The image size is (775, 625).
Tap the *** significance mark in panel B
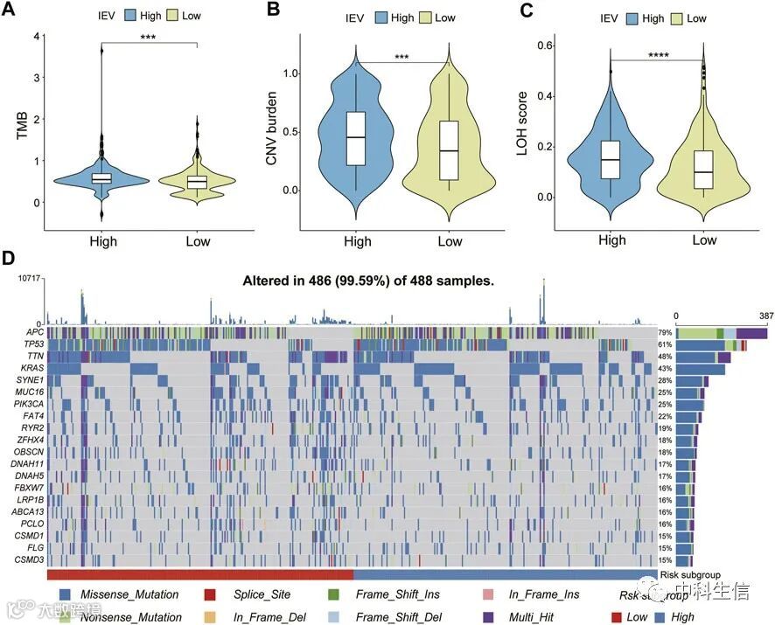click(401, 57)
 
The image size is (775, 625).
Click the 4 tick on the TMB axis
click(36, 36)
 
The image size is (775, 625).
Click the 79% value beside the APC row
click(665, 333)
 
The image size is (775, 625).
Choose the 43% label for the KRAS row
click(665, 370)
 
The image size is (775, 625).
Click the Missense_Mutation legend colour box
click(66, 595)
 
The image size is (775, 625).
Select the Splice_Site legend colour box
click(210, 595)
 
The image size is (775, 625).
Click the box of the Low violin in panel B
click(450, 150)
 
